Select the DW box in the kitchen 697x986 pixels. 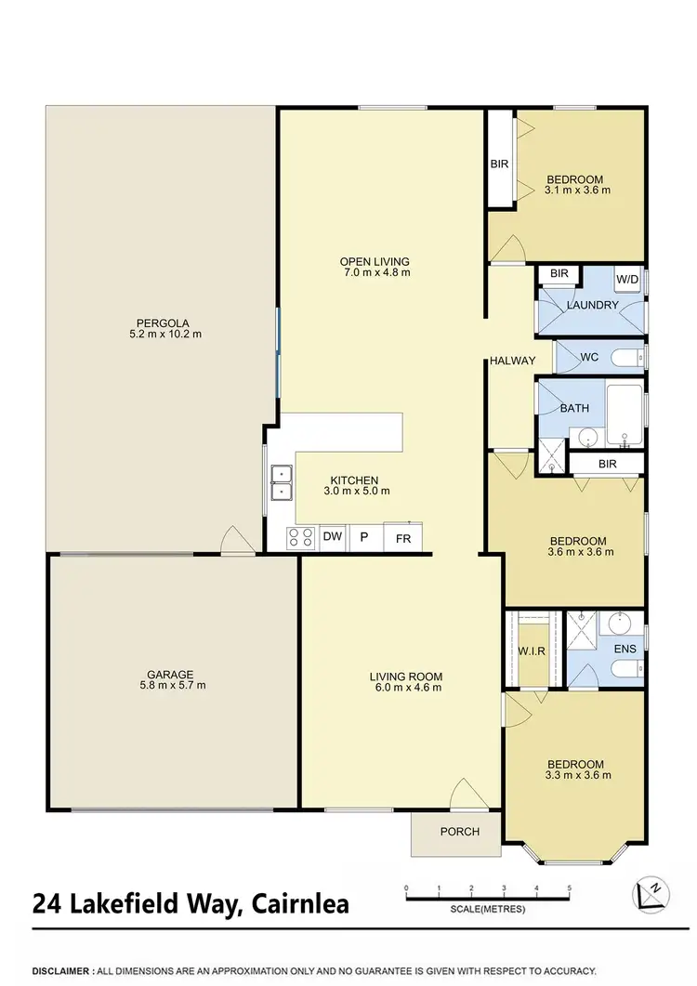tap(331, 537)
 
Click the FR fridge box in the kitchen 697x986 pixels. tap(403, 538)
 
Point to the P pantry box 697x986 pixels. tap(364, 538)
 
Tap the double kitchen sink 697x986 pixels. tap(281, 483)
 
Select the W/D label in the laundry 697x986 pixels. tap(627, 279)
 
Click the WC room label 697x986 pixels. tap(587, 356)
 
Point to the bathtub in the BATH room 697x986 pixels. tap(624, 414)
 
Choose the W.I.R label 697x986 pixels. tap(532, 651)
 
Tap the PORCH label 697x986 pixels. tap(460, 832)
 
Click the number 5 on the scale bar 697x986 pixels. tap(568, 888)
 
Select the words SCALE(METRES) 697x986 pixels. tap(486, 908)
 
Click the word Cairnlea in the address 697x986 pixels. tap(296, 902)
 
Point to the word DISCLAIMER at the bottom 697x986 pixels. tap(61, 967)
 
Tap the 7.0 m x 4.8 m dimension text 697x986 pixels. tap(375, 273)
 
